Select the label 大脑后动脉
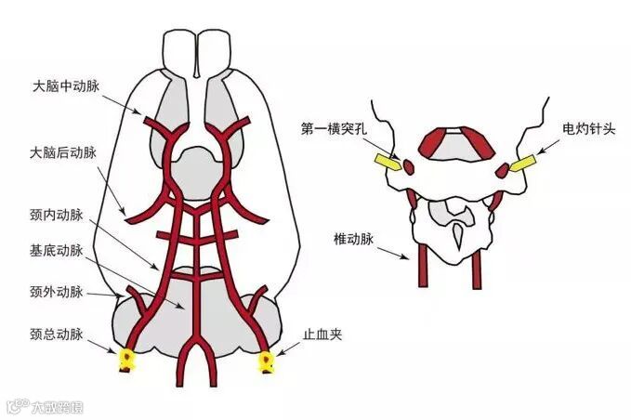[65, 151]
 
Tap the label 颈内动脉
[58, 216]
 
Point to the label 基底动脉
[58, 250]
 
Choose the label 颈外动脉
[58, 292]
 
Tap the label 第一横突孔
[333, 129]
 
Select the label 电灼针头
[585, 129]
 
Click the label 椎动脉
[354, 239]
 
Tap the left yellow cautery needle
[386, 163]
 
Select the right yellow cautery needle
[522, 163]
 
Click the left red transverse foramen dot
[406, 167]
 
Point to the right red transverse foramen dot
[503, 169]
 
